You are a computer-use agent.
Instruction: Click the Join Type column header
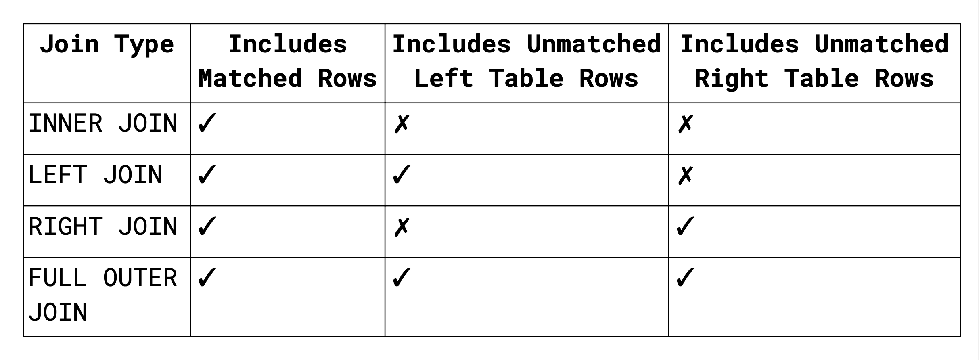click(x=107, y=44)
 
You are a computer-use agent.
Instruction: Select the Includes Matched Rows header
click(x=288, y=61)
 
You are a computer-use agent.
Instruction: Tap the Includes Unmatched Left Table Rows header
click(x=527, y=61)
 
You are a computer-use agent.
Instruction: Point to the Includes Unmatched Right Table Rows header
click(x=814, y=61)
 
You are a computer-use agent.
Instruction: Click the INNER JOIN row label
click(x=103, y=123)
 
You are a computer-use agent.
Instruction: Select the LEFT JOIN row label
click(x=95, y=175)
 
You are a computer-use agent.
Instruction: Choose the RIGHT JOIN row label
click(x=103, y=226)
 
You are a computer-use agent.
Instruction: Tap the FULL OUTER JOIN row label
click(x=103, y=295)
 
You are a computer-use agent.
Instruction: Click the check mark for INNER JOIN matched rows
click(x=207, y=123)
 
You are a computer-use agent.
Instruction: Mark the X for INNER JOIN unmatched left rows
click(x=402, y=124)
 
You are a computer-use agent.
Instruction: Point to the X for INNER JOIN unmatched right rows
click(x=686, y=124)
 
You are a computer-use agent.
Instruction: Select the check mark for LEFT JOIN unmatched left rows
click(x=402, y=175)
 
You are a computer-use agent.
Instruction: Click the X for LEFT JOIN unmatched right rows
click(x=686, y=176)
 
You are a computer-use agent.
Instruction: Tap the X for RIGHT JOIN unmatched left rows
click(x=402, y=227)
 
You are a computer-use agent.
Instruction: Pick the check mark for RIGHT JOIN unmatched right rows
click(x=686, y=226)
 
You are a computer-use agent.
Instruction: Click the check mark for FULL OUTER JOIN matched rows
click(x=207, y=278)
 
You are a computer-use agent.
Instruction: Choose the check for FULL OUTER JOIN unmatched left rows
click(x=402, y=278)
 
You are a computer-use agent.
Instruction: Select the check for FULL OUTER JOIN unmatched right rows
click(x=686, y=278)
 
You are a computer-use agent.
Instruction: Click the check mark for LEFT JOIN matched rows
click(x=207, y=175)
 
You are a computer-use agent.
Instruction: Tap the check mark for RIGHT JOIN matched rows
click(x=207, y=226)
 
